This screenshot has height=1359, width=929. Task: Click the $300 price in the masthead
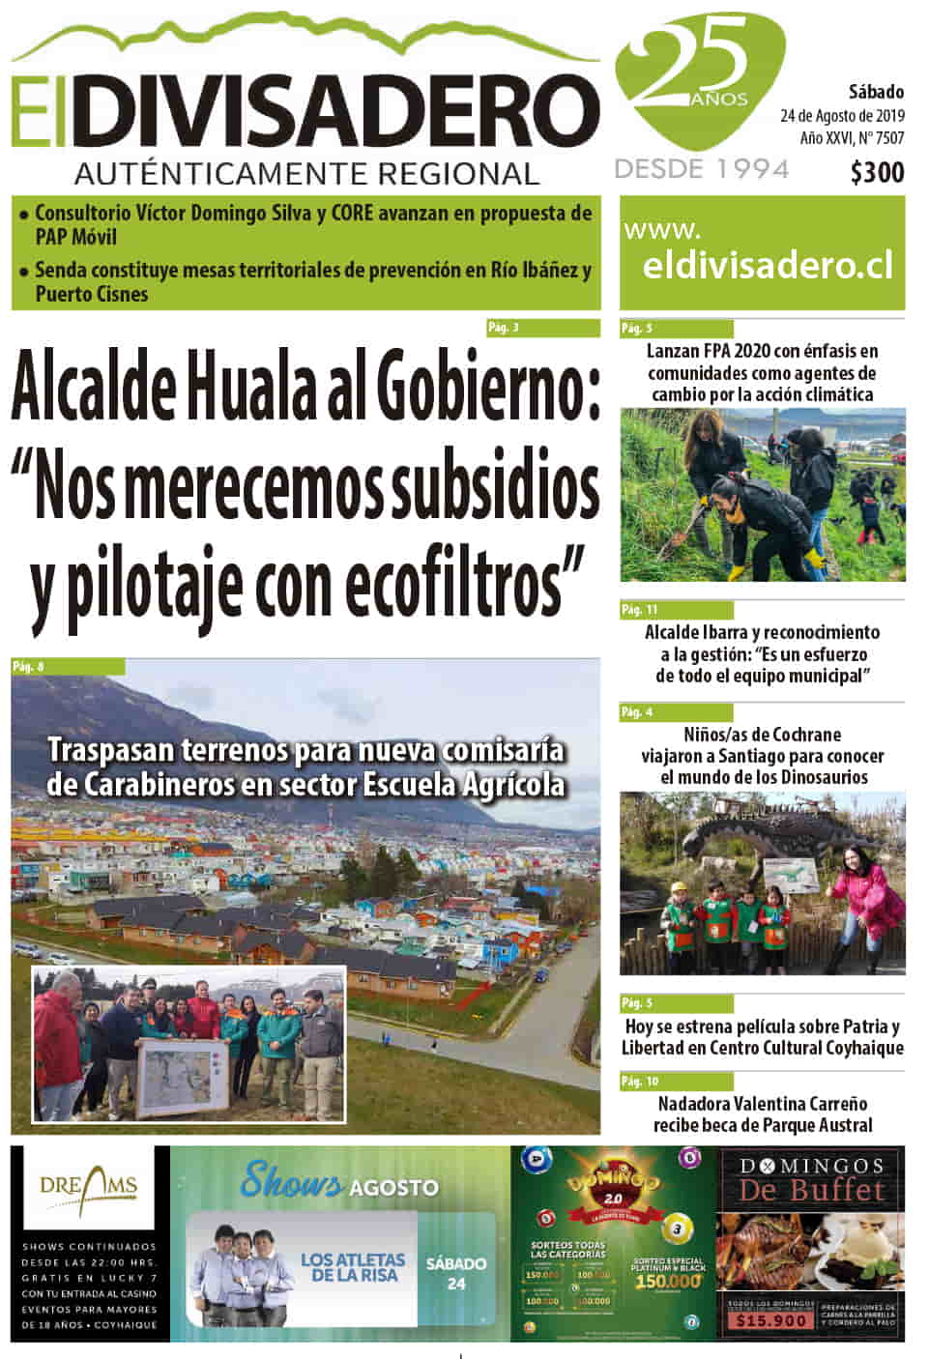(x=877, y=173)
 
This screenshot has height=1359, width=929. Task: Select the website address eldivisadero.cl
(x=768, y=265)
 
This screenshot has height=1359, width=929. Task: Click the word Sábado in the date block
(x=876, y=92)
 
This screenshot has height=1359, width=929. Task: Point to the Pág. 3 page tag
(x=504, y=328)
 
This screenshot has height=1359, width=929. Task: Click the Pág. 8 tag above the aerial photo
(x=29, y=667)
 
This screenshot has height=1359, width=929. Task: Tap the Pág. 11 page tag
(x=639, y=610)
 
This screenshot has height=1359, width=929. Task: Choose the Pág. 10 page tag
(x=639, y=1082)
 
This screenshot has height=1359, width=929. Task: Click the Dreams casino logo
(x=89, y=1186)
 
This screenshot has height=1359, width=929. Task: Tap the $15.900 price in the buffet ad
(x=770, y=1320)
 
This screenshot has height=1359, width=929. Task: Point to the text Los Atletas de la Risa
(x=353, y=1267)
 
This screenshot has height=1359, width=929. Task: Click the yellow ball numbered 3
(x=679, y=1229)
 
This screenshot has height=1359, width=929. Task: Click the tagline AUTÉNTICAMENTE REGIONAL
(x=306, y=174)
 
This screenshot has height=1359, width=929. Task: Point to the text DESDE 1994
(x=702, y=169)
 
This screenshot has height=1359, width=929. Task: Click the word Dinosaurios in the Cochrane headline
(x=813, y=777)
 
